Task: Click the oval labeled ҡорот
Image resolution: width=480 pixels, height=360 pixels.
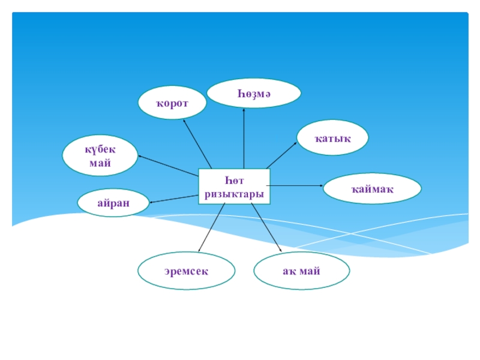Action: pyautogui.click(x=172, y=103)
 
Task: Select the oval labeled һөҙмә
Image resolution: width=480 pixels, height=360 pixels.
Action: pyautogui.click(x=253, y=93)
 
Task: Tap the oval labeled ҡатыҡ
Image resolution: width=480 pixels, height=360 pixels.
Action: pyautogui.click(x=332, y=139)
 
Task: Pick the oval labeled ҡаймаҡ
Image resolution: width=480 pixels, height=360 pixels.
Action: pyautogui.click(x=372, y=189)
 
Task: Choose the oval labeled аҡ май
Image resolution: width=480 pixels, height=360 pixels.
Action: pyautogui.click(x=301, y=271)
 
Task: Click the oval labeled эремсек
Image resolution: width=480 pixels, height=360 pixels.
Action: pyautogui.click(x=186, y=271)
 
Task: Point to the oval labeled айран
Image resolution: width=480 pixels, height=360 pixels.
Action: pyautogui.click(x=113, y=203)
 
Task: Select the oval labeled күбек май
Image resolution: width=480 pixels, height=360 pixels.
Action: pyautogui.click(x=100, y=155)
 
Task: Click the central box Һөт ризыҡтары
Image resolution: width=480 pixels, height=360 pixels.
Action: pyautogui.click(x=234, y=187)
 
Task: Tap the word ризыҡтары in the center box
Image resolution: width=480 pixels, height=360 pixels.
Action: pyautogui.click(x=234, y=194)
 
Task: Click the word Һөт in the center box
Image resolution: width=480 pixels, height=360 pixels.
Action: pyautogui.click(x=234, y=180)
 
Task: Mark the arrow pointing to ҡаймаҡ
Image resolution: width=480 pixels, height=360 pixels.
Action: pyautogui.click(x=297, y=186)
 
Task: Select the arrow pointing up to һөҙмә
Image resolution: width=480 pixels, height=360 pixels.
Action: pyautogui.click(x=244, y=138)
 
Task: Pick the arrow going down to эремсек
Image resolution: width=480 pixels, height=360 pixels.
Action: pyautogui.click(x=211, y=227)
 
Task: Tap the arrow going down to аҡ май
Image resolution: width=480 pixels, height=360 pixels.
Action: pyautogui.click(x=266, y=227)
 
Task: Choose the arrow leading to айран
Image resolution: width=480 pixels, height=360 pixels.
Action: pyautogui.click(x=174, y=199)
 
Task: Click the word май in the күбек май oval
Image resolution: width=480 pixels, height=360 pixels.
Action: pyautogui.click(x=100, y=163)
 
